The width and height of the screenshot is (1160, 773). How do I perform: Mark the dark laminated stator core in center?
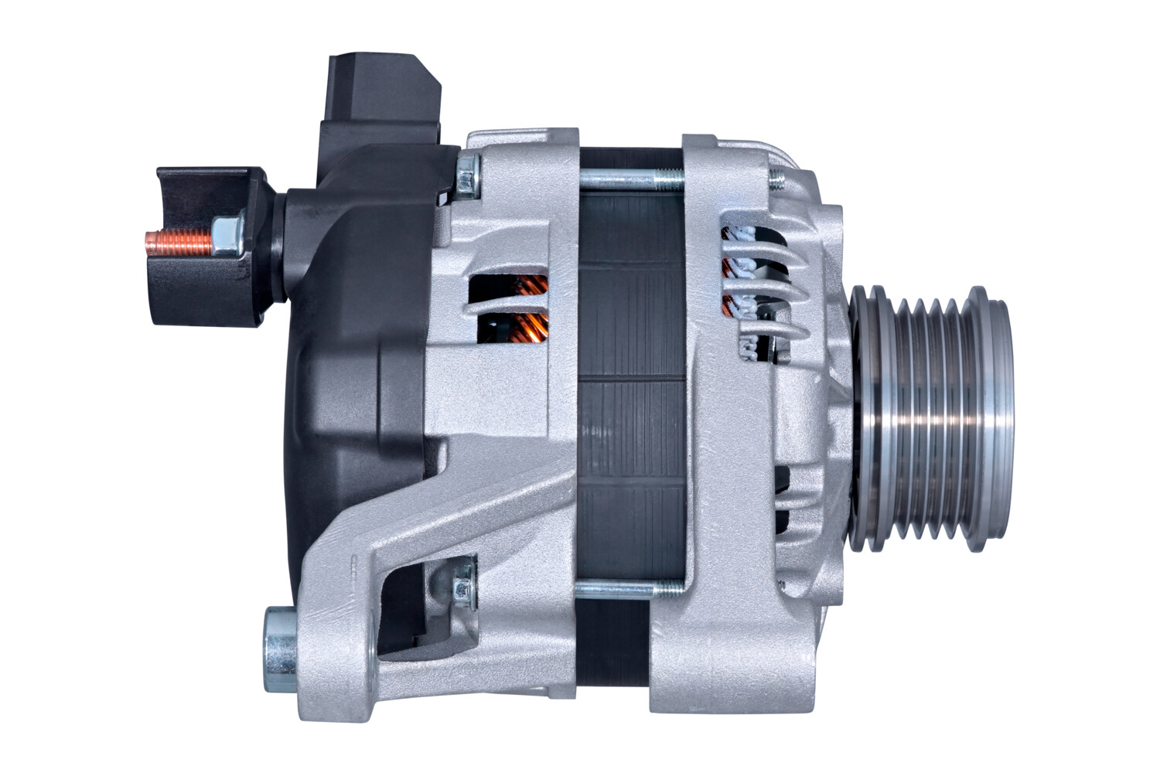[630, 386]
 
